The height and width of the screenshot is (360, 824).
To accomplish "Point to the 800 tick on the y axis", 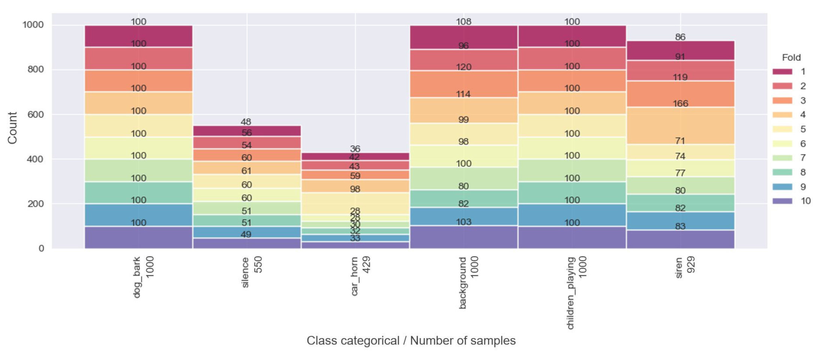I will [36, 69].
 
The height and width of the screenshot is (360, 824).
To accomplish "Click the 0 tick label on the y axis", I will [41, 248].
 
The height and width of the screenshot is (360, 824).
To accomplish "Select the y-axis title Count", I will [12, 128].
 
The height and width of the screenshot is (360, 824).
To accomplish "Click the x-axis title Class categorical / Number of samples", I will [411, 340].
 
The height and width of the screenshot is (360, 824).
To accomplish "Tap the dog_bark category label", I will [137, 277].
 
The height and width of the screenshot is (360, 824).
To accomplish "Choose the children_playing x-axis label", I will [571, 293].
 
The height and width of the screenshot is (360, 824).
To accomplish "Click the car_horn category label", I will [354, 276].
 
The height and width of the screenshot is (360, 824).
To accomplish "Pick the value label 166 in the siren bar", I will [680, 103].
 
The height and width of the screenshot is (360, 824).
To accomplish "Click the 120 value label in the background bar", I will [463, 67].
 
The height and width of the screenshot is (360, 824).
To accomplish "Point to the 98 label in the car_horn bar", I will [355, 189].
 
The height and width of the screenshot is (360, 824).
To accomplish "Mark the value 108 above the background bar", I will [463, 22].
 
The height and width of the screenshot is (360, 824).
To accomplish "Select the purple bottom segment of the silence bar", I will [247, 243].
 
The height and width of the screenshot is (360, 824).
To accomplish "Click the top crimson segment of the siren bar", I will [680, 51].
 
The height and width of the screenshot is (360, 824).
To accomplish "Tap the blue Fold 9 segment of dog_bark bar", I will [138, 215].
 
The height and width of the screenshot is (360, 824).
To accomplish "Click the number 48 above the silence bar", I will [246, 122].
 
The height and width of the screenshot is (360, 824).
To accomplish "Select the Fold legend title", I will [791, 57].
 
